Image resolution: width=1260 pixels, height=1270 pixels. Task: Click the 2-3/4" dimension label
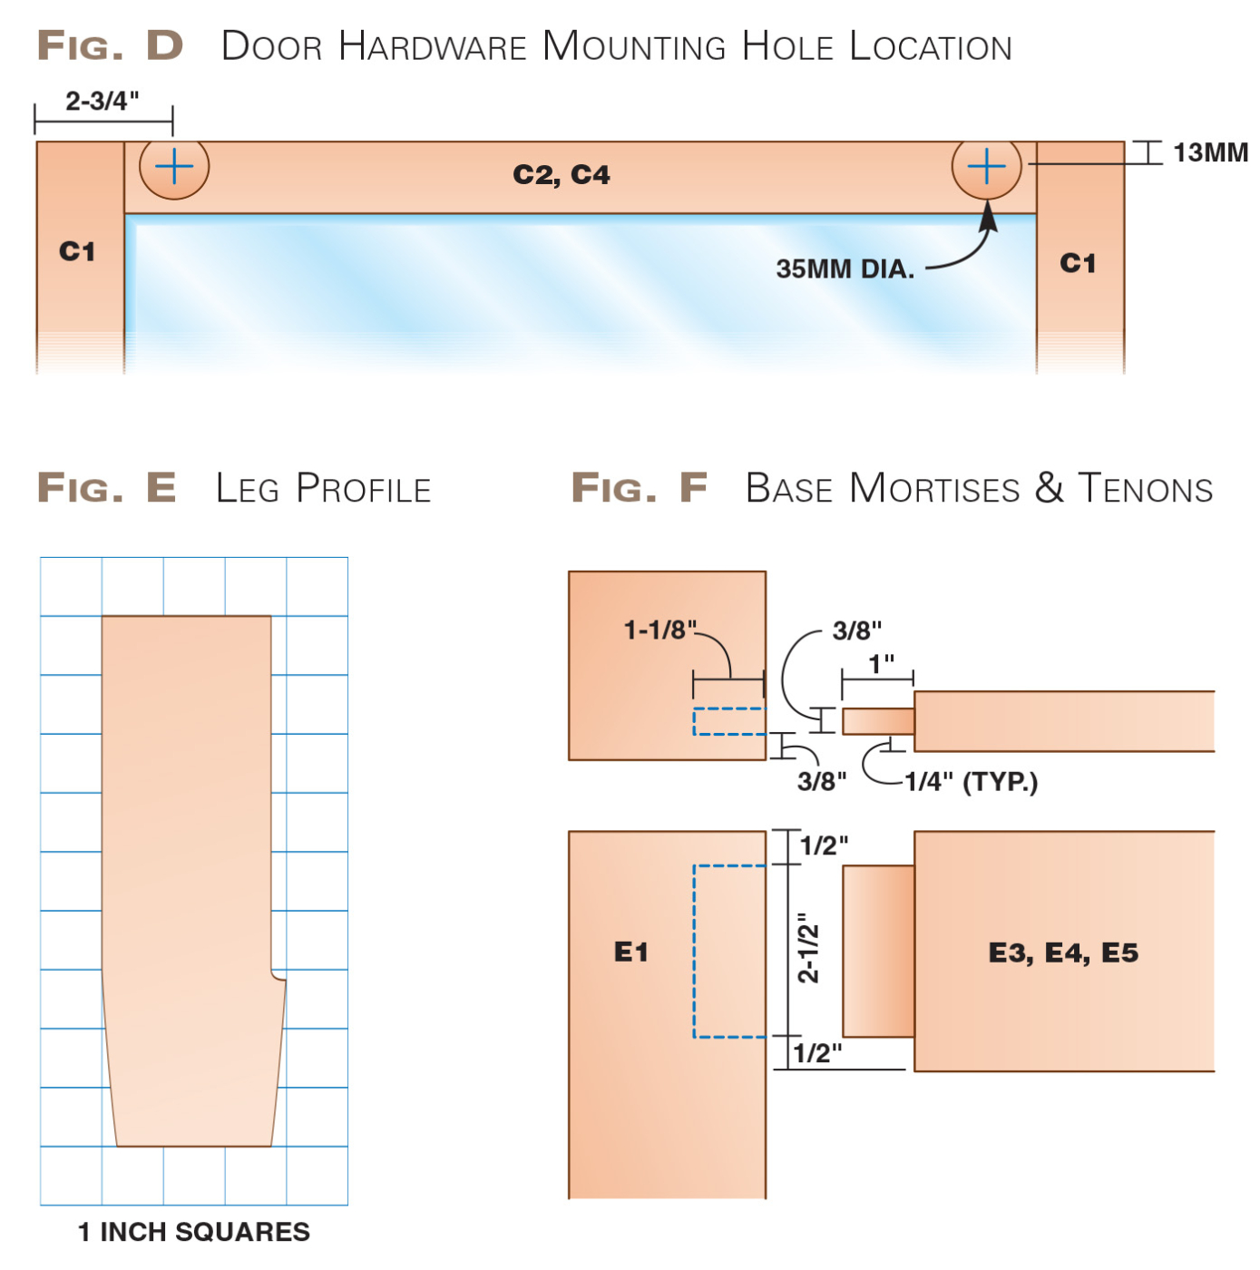coord(102,101)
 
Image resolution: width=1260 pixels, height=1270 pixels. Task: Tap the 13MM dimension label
coord(1209,152)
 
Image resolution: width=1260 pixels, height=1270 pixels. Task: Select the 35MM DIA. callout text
coord(845,269)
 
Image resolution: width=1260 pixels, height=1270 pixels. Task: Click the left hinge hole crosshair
coord(174,167)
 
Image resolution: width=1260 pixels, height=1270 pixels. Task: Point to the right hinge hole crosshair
coord(986,167)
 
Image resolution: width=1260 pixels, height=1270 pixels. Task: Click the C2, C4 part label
coord(561,174)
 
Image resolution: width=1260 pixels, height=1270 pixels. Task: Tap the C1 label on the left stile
coord(77,251)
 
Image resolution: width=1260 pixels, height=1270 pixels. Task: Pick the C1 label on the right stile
coord(1078,263)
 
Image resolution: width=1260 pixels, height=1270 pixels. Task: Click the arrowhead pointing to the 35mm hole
coord(988,218)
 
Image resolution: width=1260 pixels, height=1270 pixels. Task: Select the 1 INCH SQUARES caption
coord(193,1232)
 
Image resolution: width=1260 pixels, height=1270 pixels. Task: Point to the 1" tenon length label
coord(881,664)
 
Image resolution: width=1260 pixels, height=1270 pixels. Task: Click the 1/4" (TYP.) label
coord(971,782)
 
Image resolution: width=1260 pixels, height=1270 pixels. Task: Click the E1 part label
coord(631,952)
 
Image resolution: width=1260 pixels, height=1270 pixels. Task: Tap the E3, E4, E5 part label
coord(1063,952)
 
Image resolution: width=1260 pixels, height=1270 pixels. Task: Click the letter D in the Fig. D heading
coord(165,45)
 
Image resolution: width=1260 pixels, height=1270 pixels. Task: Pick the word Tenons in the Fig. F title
coord(1145,489)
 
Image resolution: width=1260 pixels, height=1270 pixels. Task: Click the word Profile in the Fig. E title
coord(364,489)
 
